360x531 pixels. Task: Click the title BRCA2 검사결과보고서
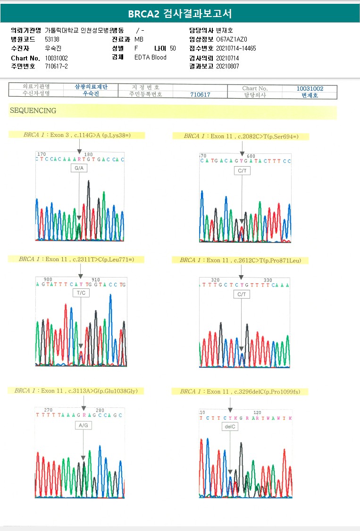click(x=180, y=13)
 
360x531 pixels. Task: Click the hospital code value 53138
click(x=52, y=39)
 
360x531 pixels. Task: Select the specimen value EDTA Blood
click(x=151, y=58)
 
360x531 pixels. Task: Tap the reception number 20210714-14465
click(x=236, y=48)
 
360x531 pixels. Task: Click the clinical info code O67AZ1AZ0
click(x=232, y=39)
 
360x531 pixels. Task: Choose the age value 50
click(x=173, y=48)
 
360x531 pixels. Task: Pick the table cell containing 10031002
click(x=310, y=88)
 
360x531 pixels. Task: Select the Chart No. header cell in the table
click(x=255, y=88)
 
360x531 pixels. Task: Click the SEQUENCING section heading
click(x=33, y=111)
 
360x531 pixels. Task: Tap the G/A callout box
click(x=79, y=169)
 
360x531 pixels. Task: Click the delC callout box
click(x=230, y=427)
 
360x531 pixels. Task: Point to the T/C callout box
click(x=81, y=293)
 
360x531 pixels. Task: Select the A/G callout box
click(x=84, y=426)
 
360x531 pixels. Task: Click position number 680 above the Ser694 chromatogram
click(x=251, y=156)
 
